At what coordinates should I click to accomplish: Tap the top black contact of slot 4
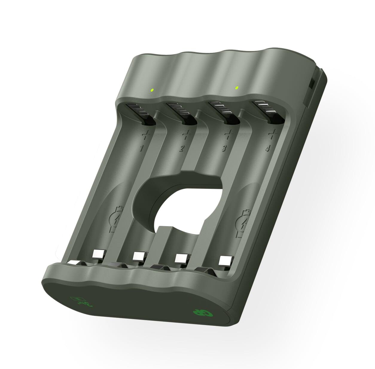tap(269, 111)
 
